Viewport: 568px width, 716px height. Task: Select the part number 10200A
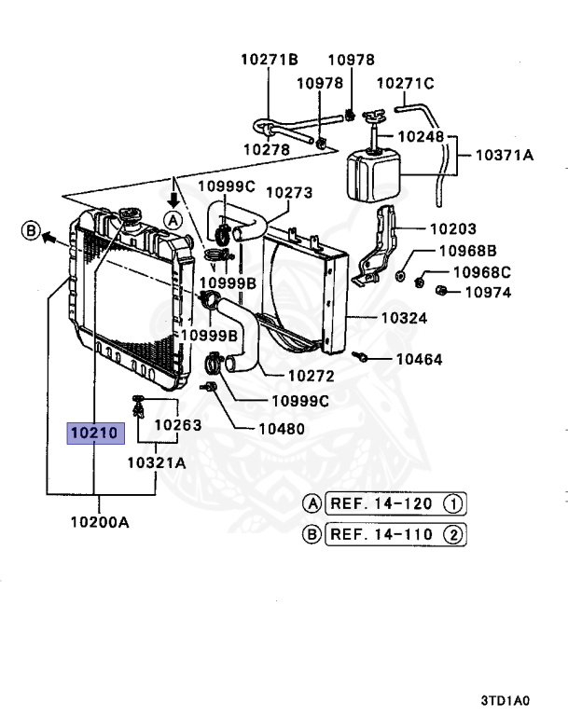click(99, 522)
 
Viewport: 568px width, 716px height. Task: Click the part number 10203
click(452, 228)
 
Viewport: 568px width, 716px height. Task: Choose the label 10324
click(403, 318)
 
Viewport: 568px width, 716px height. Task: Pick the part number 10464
click(419, 359)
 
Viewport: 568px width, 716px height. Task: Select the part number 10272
click(311, 377)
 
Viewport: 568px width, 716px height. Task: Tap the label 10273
click(289, 193)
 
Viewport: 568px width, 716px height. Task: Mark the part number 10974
click(488, 292)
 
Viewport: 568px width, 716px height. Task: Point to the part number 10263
click(178, 425)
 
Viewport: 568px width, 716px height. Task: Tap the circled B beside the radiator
click(30, 230)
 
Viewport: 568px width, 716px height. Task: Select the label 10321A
click(156, 462)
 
